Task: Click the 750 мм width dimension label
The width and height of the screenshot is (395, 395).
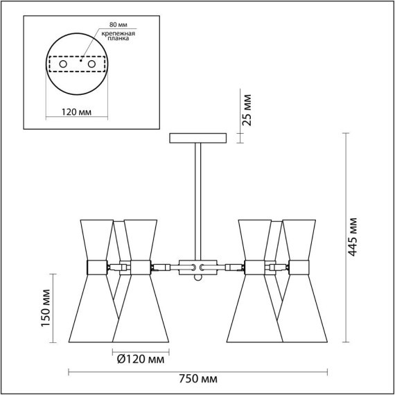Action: (x=198, y=379)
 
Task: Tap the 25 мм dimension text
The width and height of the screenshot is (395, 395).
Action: (x=246, y=109)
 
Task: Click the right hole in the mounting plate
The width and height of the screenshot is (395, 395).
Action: (x=89, y=63)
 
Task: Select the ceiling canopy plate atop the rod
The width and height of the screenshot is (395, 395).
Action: (x=198, y=138)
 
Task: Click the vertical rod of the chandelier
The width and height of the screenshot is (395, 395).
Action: (x=198, y=201)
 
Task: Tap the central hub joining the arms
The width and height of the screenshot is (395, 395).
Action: (x=198, y=266)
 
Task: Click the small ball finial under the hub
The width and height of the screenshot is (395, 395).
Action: (x=198, y=279)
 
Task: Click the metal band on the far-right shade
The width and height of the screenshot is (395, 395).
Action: (x=299, y=266)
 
